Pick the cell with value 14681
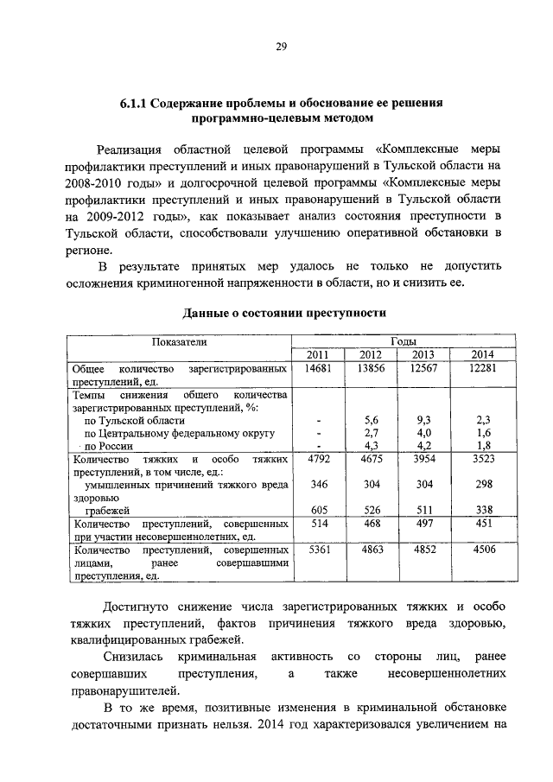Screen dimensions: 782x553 tap(320, 369)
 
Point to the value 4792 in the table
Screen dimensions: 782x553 tap(320, 460)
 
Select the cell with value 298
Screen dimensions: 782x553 tap(483, 485)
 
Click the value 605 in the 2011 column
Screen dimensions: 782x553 tap(320, 510)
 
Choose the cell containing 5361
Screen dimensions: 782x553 tap(320, 549)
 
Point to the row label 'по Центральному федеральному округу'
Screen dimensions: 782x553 tap(179, 432)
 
